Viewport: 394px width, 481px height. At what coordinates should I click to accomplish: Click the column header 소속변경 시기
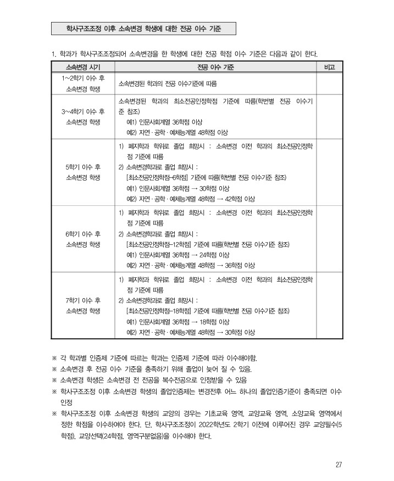(x=83, y=67)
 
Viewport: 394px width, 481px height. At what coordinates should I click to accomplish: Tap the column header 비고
(x=330, y=67)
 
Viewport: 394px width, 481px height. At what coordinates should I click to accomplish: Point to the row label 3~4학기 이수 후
(x=83, y=111)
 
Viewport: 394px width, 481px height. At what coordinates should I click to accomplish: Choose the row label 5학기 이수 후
(x=83, y=166)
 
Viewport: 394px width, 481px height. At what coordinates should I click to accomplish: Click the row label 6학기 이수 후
(x=83, y=233)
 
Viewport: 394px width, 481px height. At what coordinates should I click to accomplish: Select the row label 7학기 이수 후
(x=83, y=300)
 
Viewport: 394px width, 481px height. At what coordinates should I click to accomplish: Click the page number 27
(x=339, y=465)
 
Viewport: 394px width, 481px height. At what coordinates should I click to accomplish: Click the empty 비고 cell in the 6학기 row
(x=330, y=238)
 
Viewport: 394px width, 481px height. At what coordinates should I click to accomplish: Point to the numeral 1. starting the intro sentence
(x=53, y=54)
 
